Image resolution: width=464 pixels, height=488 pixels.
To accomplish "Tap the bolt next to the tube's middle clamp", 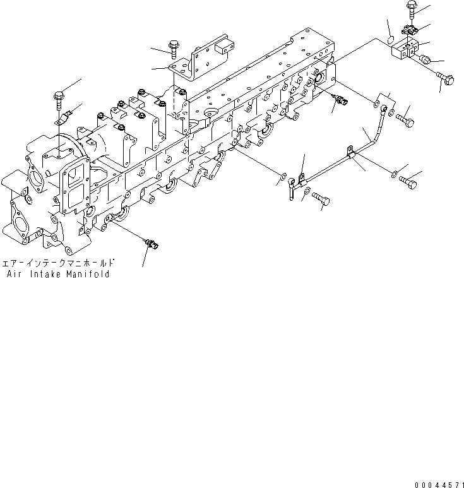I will coord(410,181).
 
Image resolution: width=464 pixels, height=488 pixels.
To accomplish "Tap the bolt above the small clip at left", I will coord(59,98).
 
